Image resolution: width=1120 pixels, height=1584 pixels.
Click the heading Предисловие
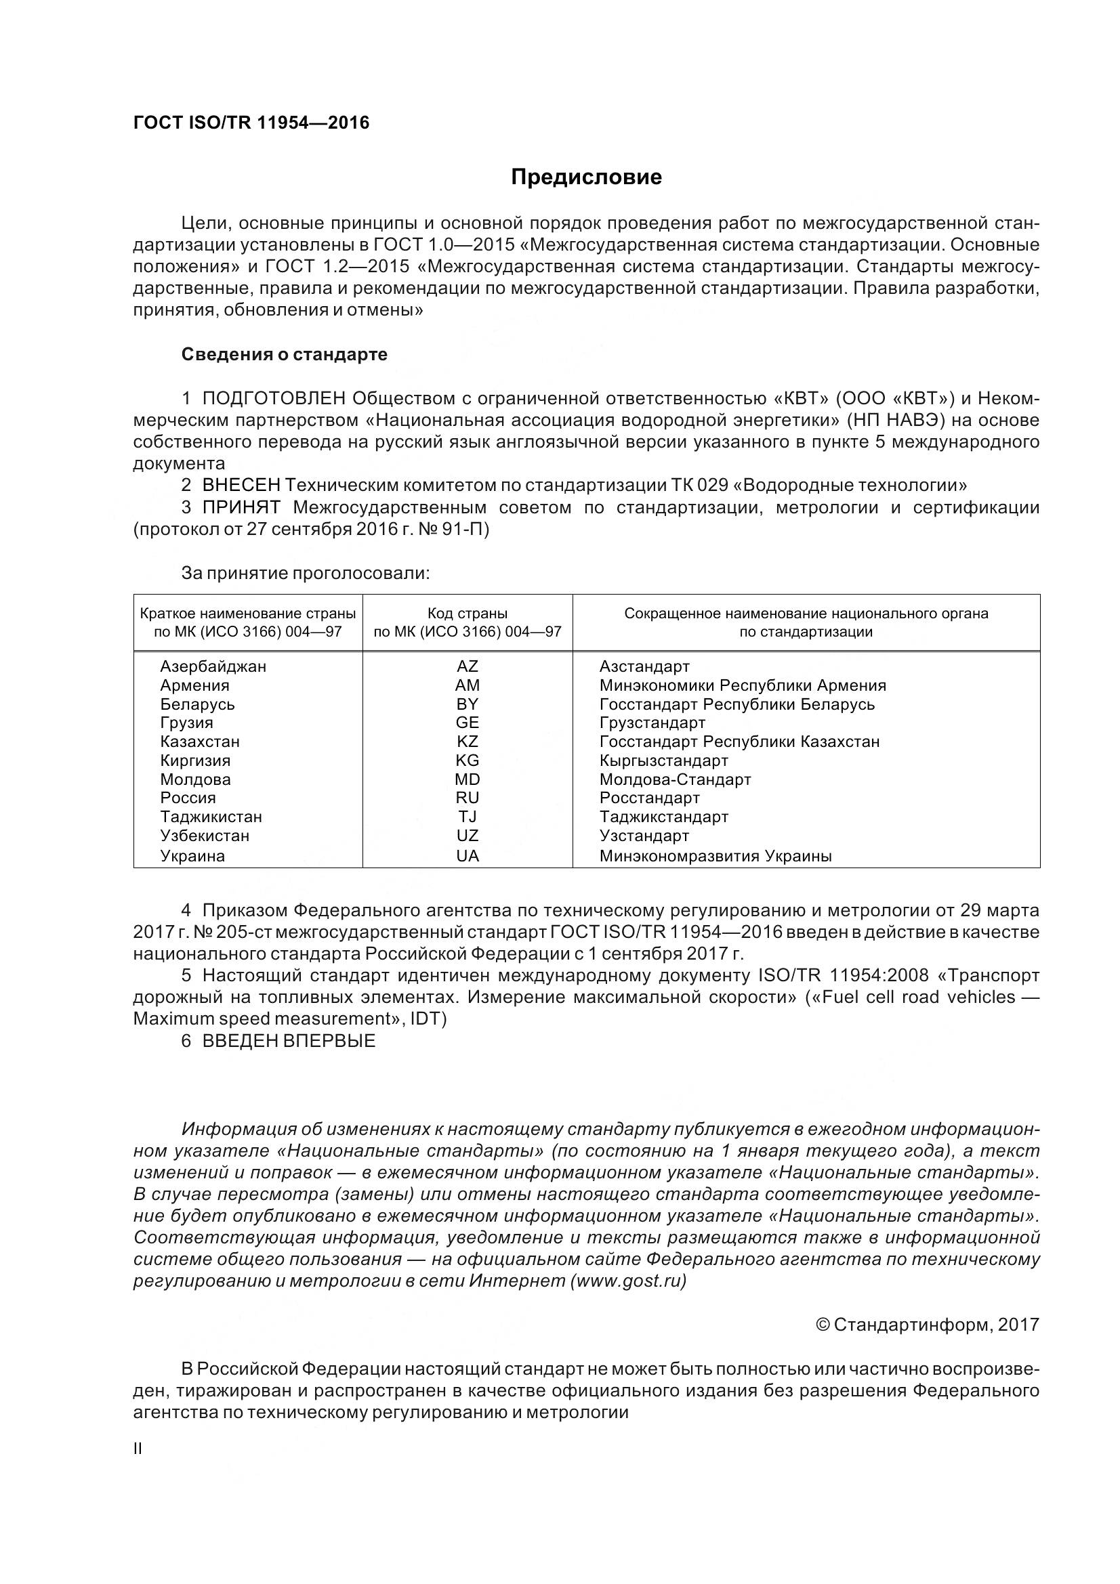(x=586, y=177)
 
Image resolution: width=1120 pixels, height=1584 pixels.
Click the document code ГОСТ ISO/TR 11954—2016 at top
(x=251, y=123)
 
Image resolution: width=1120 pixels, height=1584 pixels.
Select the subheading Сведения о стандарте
(x=285, y=355)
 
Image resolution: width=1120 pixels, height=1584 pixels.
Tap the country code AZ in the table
(x=468, y=666)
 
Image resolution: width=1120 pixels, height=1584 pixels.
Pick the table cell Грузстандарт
(x=652, y=723)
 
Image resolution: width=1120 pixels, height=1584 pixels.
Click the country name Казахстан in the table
(x=200, y=742)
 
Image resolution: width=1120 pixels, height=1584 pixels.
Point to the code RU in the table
(x=468, y=798)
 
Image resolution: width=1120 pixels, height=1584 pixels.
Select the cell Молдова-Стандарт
(x=675, y=779)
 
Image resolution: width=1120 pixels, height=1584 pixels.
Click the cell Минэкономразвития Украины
(x=715, y=856)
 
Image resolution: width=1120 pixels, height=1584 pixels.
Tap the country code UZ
(x=468, y=836)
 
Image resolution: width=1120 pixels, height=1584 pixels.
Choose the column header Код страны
(x=468, y=614)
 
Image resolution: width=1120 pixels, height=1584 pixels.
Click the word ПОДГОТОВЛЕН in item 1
(x=274, y=399)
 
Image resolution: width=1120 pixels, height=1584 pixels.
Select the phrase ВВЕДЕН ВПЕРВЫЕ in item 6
(x=289, y=1041)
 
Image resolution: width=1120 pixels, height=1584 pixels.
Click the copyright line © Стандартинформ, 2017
(x=927, y=1325)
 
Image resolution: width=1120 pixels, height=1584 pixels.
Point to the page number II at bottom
(x=138, y=1449)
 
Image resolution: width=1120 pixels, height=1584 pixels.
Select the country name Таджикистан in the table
(x=211, y=817)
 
